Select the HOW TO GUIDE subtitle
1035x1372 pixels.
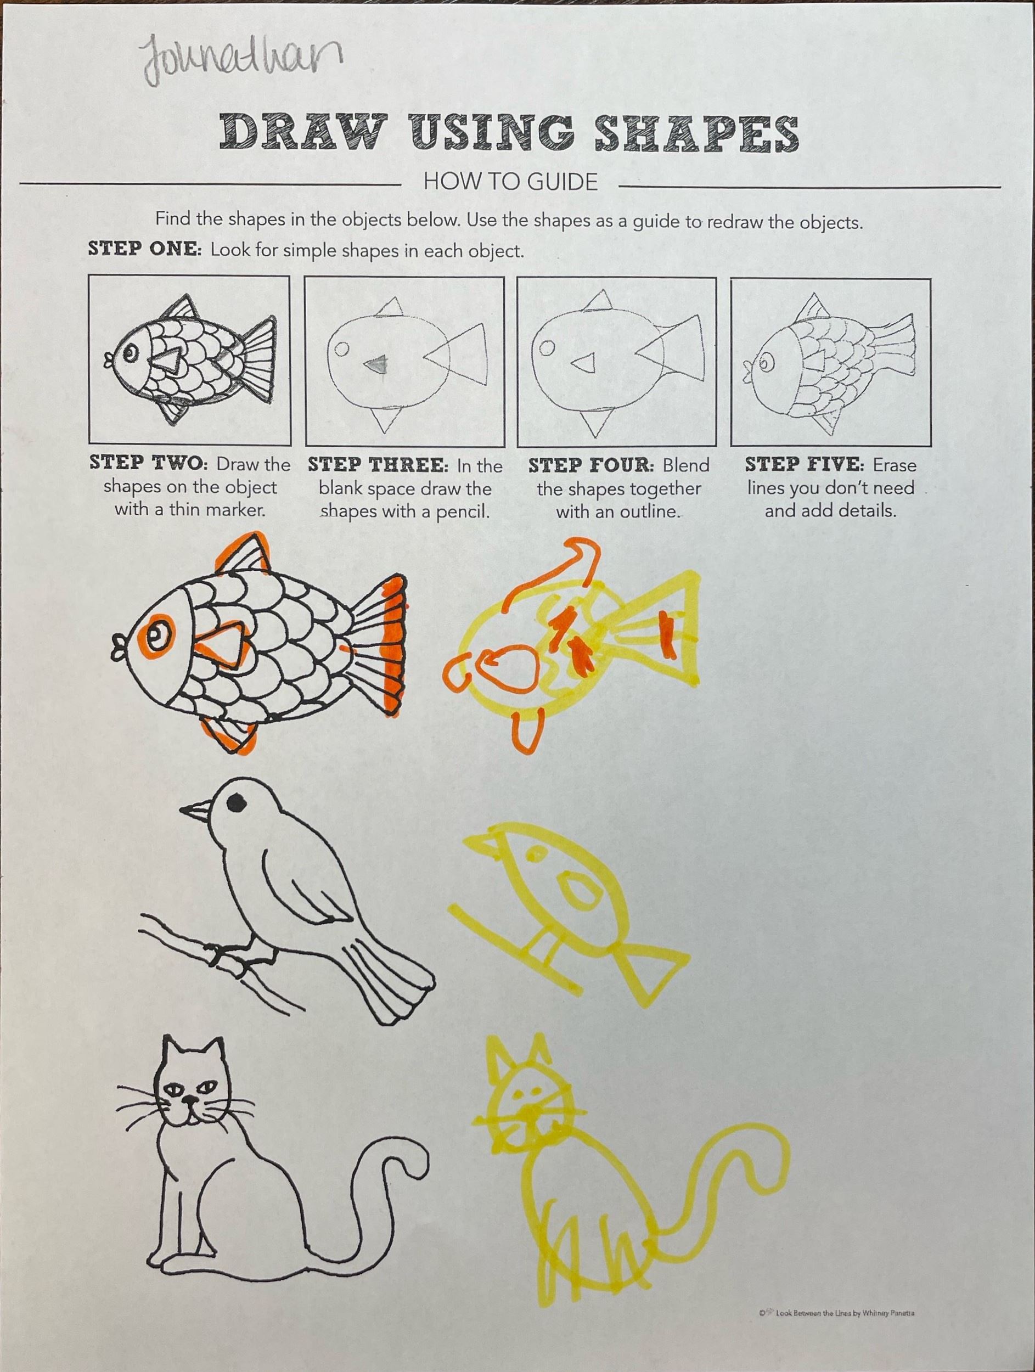pos(510,182)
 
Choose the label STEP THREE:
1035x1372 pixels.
pos(377,465)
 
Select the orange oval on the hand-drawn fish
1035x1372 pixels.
pos(506,667)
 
